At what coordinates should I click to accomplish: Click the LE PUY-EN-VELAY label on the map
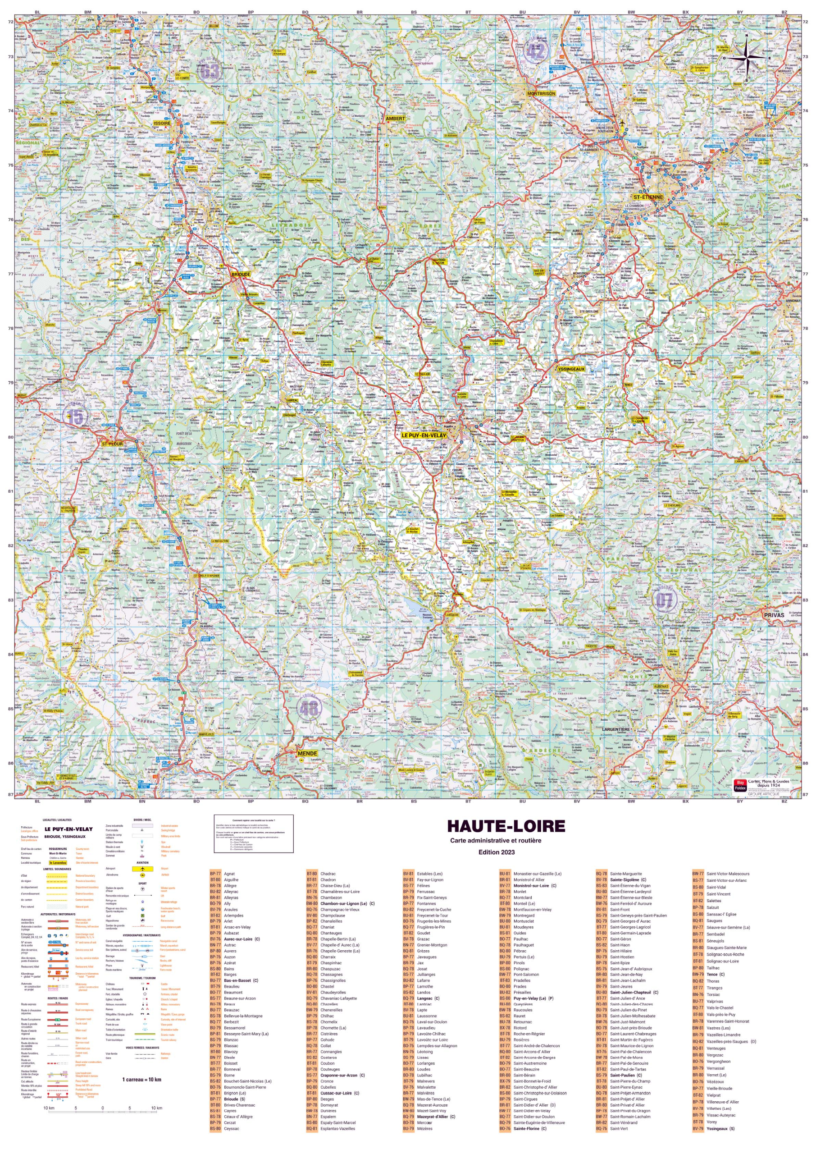tap(423, 435)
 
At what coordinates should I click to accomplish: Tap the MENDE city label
tap(307, 753)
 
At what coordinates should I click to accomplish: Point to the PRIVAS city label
tap(774, 615)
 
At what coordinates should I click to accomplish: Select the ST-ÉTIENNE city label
tap(647, 197)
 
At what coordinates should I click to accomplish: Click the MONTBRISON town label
tap(541, 93)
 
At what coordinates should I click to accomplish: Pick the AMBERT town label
tap(395, 119)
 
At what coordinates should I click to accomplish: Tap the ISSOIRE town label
tap(162, 123)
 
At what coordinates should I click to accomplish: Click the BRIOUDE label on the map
tap(241, 275)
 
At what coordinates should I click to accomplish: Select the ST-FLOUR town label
tap(112, 444)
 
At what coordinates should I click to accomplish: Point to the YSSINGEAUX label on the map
tap(571, 369)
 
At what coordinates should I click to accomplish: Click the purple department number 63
tap(210, 71)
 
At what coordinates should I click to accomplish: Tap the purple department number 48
tap(309, 709)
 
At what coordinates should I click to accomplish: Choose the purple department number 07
tap(664, 600)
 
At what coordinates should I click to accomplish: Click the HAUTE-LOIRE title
tap(506, 826)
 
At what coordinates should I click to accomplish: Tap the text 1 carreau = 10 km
tap(141, 1079)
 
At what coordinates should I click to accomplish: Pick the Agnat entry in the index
tap(229, 874)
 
